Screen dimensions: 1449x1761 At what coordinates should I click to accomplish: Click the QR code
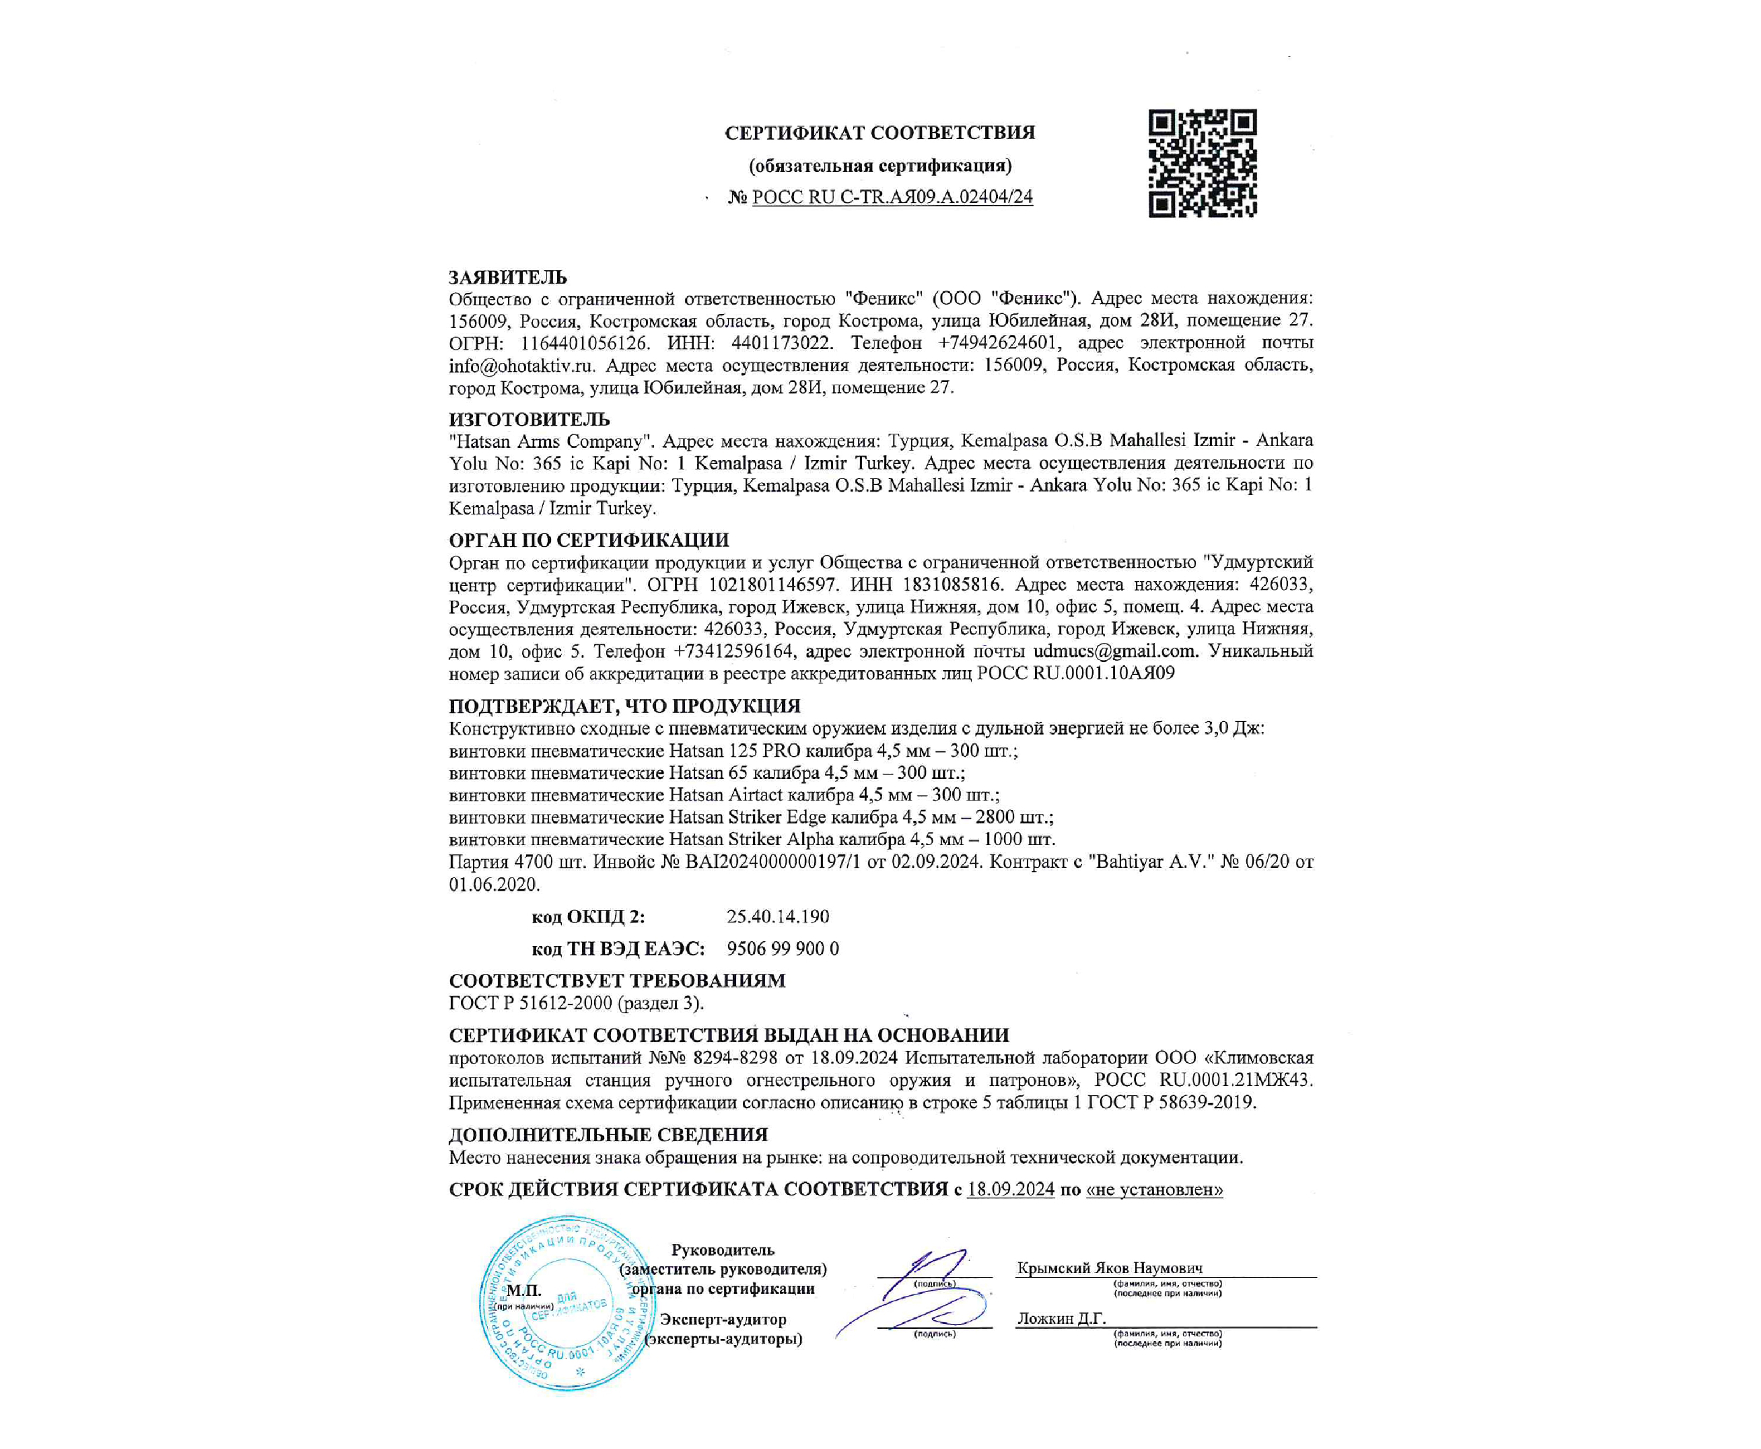1202,164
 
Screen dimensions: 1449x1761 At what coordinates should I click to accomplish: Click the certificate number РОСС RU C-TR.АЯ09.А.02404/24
892,198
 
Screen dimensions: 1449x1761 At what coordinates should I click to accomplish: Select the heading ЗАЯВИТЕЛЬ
508,277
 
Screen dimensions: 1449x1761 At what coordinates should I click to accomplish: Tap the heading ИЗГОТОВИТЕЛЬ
529,419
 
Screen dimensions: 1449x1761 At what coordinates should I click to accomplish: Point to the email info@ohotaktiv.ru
522,366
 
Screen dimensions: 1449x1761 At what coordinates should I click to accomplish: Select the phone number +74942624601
998,343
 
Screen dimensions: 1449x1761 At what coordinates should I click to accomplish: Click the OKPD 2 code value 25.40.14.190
778,916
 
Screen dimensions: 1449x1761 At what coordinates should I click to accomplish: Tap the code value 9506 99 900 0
783,949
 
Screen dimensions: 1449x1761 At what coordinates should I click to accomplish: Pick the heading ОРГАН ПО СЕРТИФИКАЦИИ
588,540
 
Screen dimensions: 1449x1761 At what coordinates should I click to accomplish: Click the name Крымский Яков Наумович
1109,1268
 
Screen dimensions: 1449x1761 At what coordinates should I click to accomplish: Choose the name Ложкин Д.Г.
1061,1319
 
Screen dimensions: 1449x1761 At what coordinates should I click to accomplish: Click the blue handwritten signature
918,1294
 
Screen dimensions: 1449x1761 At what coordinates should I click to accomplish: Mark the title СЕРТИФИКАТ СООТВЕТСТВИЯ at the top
880,133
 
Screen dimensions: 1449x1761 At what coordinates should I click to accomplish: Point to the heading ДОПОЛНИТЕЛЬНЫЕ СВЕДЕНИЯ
607,1135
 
